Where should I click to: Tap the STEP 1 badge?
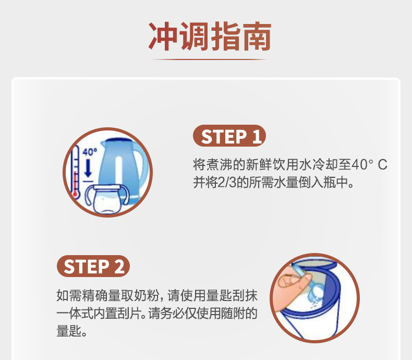[229, 137]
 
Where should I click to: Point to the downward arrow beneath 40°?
[88, 169]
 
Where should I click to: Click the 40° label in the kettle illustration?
[90, 152]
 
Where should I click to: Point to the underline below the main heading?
[210, 59]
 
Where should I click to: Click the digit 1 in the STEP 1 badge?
[255, 137]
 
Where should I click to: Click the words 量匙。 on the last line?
[71, 331]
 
